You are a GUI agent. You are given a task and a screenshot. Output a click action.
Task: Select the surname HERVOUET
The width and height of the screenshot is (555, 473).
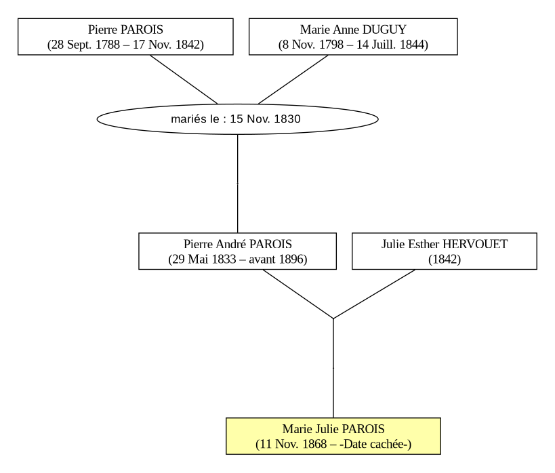point(475,244)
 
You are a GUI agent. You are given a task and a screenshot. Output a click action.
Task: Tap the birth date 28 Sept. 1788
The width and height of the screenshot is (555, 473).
point(85,45)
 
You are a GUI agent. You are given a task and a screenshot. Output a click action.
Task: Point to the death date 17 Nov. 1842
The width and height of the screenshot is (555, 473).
point(166,45)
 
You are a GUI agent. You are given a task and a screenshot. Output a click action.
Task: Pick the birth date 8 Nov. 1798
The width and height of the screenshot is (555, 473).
point(313,45)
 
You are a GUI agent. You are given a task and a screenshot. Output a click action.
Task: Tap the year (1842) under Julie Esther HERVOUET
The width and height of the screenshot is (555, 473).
point(445,260)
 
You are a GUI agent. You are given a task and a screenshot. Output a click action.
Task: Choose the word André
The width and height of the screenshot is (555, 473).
point(231,244)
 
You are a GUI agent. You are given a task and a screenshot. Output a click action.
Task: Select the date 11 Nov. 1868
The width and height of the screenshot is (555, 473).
point(293,444)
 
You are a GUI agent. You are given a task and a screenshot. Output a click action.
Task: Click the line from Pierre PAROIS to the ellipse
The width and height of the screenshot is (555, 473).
point(184,79)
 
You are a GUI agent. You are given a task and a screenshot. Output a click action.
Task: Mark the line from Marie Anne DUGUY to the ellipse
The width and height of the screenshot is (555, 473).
point(293,79)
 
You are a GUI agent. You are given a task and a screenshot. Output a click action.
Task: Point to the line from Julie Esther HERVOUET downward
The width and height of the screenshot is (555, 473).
point(375,294)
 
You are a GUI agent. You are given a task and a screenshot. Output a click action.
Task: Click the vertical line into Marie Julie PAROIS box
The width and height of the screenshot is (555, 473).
point(333,368)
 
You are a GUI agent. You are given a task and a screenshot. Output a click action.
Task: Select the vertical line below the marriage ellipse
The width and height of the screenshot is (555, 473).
point(237,184)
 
